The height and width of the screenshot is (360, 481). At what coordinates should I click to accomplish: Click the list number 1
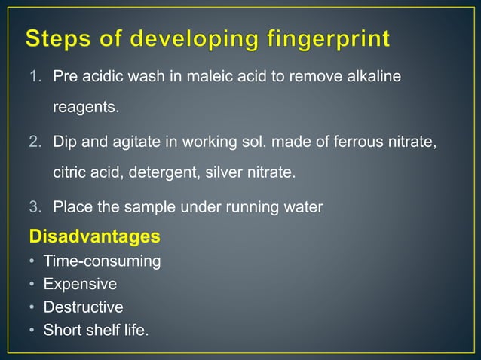[36, 78]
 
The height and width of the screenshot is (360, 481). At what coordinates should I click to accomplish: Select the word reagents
[85, 108]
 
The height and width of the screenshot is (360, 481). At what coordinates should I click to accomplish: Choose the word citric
[69, 173]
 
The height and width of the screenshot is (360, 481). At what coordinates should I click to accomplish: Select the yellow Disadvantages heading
[94, 237]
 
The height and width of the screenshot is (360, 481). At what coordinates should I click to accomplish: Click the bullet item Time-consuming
[102, 262]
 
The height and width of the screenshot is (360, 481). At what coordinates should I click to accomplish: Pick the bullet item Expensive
[80, 285]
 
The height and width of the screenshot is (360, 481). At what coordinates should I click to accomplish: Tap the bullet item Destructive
[83, 307]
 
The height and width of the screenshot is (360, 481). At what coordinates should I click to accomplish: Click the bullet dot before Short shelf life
[32, 330]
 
